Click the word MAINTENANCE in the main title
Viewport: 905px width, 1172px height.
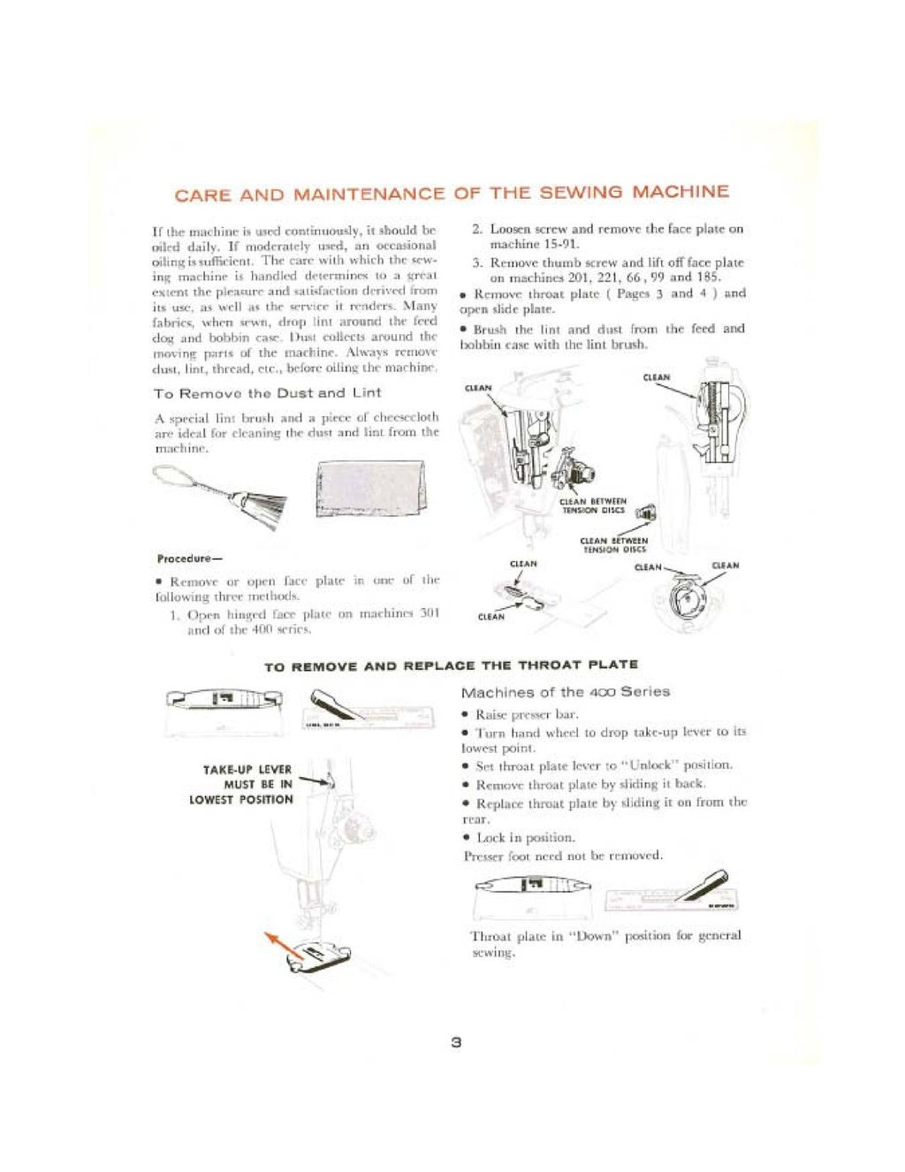click(x=369, y=194)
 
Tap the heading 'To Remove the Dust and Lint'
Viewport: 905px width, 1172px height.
click(x=267, y=392)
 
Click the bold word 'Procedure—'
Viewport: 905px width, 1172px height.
click(x=189, y=559)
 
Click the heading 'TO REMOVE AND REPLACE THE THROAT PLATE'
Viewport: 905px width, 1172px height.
click(x=451, y=665)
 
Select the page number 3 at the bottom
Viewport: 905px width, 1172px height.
click(x=456, y=1042)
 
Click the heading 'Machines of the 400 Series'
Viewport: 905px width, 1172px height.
click(x=566, y=692)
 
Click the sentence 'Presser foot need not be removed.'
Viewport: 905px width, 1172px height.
click(x=563, y=856)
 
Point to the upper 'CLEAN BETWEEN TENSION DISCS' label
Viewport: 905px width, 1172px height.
click(x=594, y=506)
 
